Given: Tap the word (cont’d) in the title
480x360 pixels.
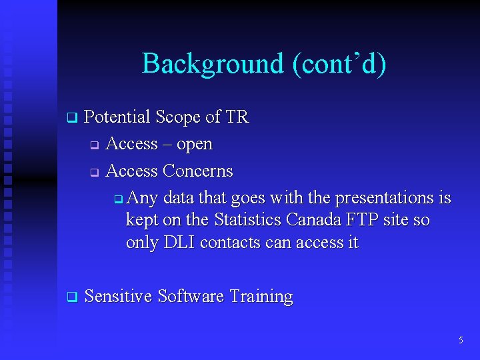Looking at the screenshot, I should pyautogui.click(x=338, y=64).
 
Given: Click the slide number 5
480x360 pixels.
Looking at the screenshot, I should pyautogui.click(x=461, y=341).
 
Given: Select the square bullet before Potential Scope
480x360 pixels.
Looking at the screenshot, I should pyautogui.click(x=71, y=118).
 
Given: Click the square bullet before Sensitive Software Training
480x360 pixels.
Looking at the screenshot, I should pyautogui.click(x=71, y=297).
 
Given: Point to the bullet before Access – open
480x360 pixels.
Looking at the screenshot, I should pyautogui.click(x=95, y=145).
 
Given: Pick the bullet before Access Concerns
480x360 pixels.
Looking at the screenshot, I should pyautogui.click(x=95, y=172).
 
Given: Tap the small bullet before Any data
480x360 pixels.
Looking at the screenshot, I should pyautogui.click(x=118, y=199).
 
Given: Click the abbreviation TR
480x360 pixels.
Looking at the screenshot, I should pyautogui.click(x=237, y=117).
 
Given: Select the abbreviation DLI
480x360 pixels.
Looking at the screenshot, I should pyautogui.click(x=178, y=243).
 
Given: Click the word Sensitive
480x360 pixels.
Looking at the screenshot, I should pyautogui.click(x=118, y=297).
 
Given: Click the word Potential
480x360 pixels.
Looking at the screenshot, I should pyautogui.click(x=117, y=117).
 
